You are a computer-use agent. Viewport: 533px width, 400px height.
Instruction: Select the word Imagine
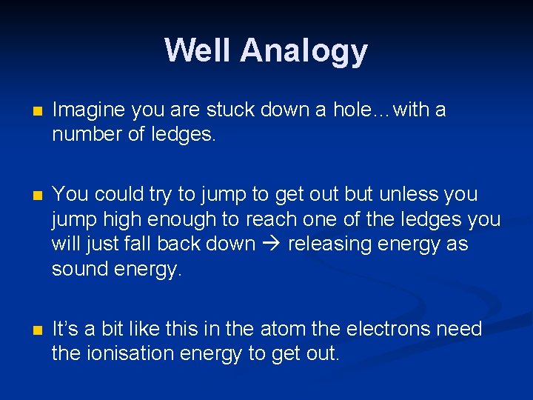[88, 110]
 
